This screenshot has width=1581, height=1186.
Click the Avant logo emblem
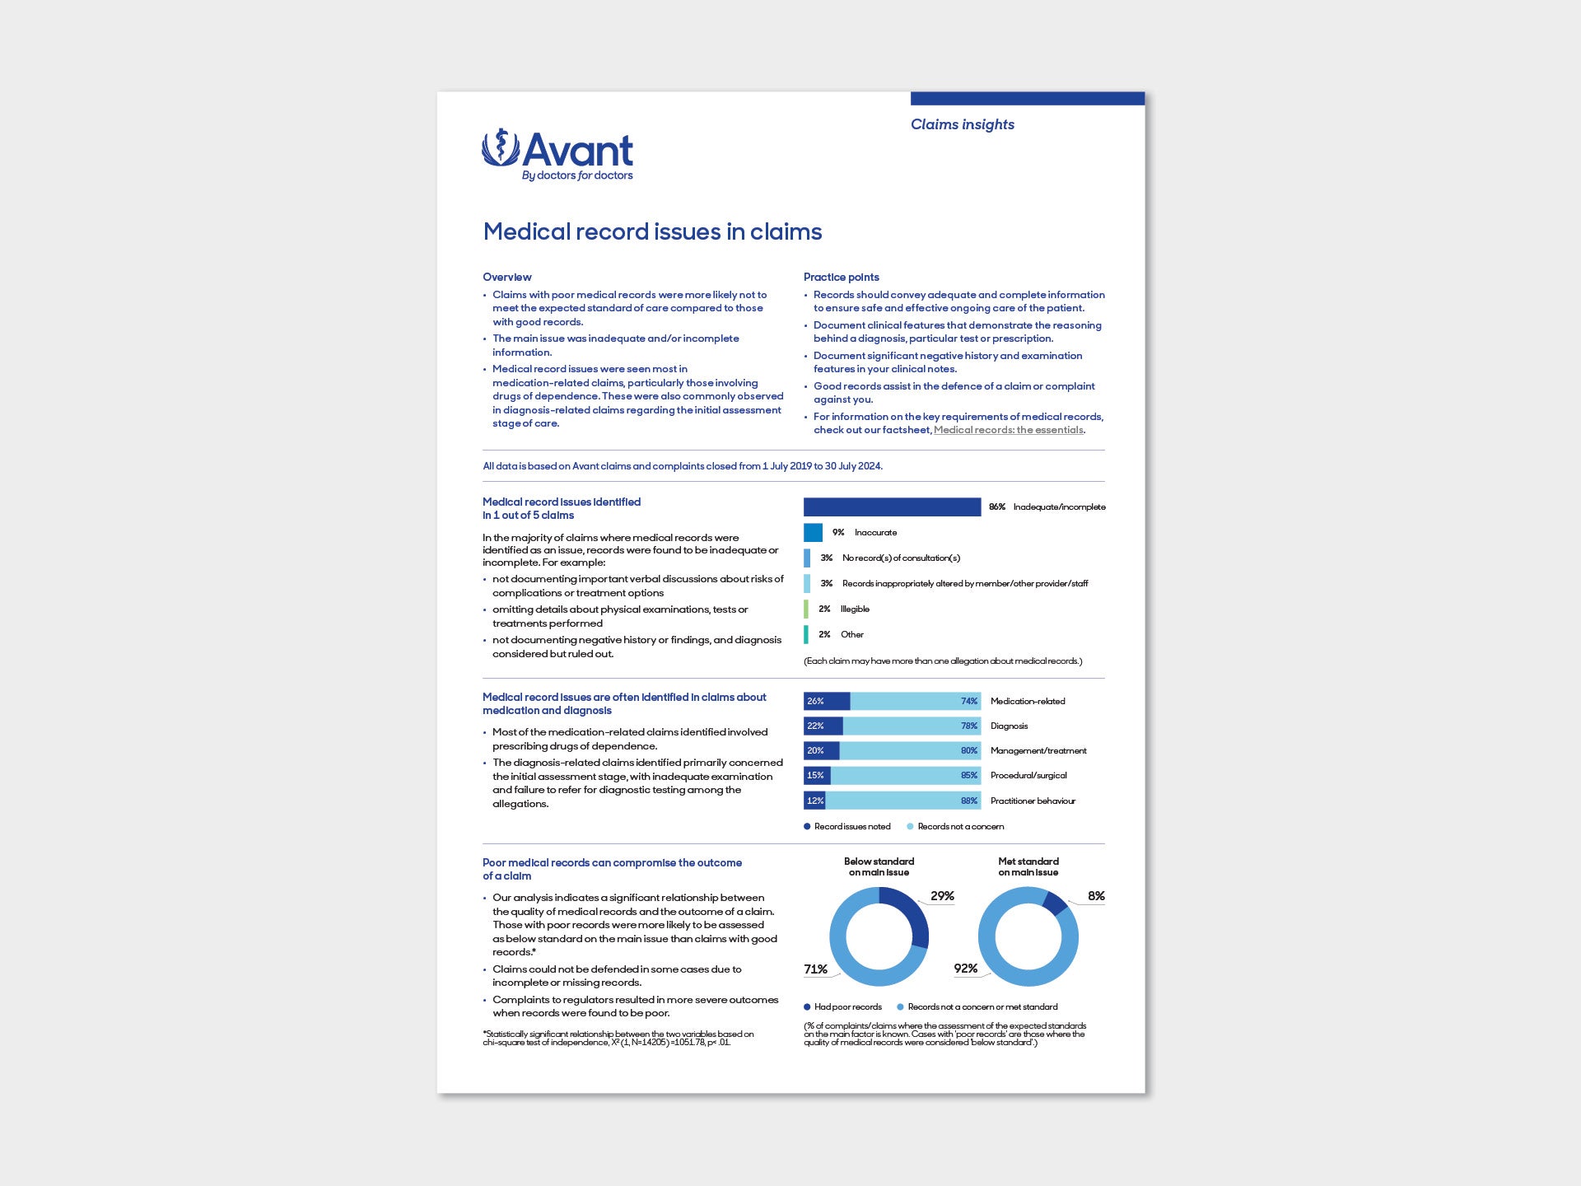[x=500, y=147]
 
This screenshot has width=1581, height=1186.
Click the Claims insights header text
[x=962, y=124]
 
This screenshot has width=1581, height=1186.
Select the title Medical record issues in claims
[x=652, y=231]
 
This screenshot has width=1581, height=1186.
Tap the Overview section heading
[x=506, y=277]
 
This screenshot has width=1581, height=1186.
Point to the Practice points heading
[x=841, y=277]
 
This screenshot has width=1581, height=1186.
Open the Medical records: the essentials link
[x=1008, y=430]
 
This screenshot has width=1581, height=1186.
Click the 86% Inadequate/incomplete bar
[x=892, y=507]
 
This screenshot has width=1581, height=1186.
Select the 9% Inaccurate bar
[x=813, y=532]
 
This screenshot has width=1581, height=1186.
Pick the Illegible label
[x=855, y=609]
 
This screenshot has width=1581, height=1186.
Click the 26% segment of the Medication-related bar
[x=826, y=701]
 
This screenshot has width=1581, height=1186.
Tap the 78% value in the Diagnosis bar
[x=968, y=726]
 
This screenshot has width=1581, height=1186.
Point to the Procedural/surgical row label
[x=1028, y=775]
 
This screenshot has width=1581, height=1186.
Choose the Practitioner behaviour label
[x=1033, y=801]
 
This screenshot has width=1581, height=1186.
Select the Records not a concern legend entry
[x=960, y=826]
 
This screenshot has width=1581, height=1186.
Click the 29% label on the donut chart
[x=942, y=896]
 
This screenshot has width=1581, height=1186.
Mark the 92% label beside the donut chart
[x=965, y=969]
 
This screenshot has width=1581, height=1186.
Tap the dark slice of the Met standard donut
[x=1055, y=903]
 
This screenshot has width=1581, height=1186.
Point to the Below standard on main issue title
[x=879, y=866]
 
